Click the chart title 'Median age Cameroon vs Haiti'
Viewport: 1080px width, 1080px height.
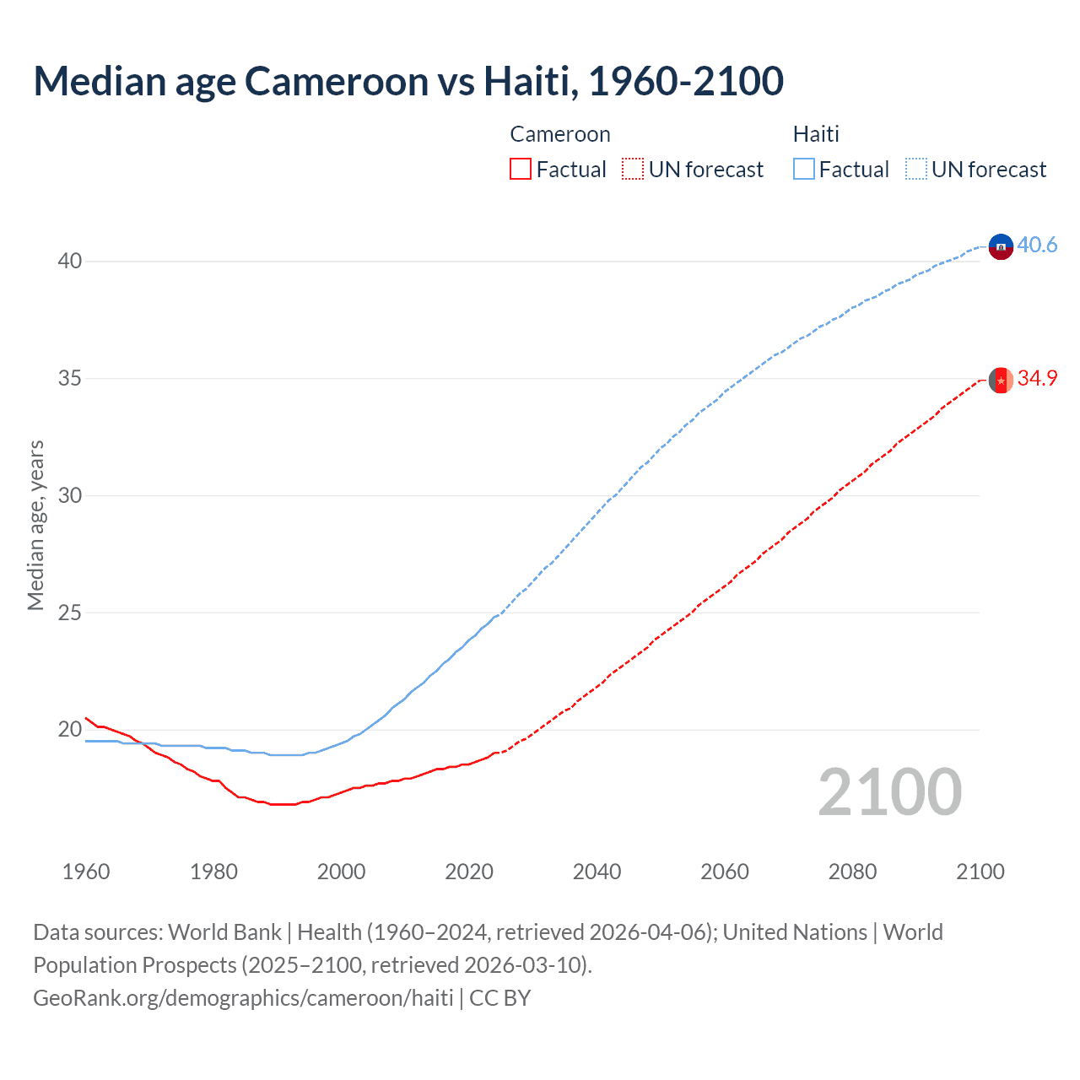pyautogui.click(x=408, y=81)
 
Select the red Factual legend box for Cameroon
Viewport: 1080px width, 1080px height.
pyautogui.click(x=521, y=170)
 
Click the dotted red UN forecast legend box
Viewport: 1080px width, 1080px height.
pyautogui.click(x=633, y=170)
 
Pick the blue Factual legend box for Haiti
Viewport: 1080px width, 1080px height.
pyautogui.click(x=804, y=170)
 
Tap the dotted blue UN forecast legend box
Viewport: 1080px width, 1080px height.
pyautogui.click(x=916, y=170)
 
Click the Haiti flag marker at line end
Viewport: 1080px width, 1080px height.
pyautogui.click(x=1001, y=246)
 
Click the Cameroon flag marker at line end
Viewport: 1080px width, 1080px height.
pyautogui.click(x=1001, y=381)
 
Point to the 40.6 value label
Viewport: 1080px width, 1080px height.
pyautogui.click(x=1037, y=246)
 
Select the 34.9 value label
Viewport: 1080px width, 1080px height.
pyautogui.click(x=1037, y=379)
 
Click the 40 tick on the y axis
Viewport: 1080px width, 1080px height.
pyautogui.click(x=70, y=262)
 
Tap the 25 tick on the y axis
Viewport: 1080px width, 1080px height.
pyautogui.click(x=70, y=613)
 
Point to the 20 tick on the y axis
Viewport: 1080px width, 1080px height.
pyautogui.click(x=70, y=730)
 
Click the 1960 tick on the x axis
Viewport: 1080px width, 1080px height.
pyautogui.click(x=86, y=872)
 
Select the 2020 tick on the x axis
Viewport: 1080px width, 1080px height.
pyautogui.click(x=469, y=872)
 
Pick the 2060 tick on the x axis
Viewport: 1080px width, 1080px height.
pyautogui.click(x=725, y=872)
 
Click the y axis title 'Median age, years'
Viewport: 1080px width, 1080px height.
pyautogui.click(x=35, y=525)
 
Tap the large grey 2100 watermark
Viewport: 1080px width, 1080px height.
pyautogui.click(x=889, y=792)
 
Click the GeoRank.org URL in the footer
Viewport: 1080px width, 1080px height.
pyautogui.click(x=243, y=998)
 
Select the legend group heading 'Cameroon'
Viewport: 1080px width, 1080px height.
pyautogui.click(x=560, y=135)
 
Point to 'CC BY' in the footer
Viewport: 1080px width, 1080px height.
pyautogui.click(x=500, y=998)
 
